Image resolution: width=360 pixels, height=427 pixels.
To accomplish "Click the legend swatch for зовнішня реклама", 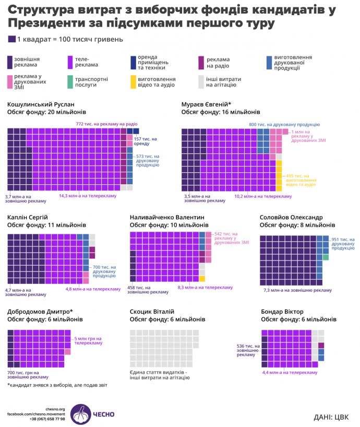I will [x=10, y=62].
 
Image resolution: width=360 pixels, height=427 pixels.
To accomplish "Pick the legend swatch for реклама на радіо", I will [x=202, y=62].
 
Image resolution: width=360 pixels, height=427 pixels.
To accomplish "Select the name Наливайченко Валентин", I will [x=166, y=217].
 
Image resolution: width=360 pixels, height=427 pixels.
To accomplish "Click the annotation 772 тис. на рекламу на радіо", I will [x=106, y=124].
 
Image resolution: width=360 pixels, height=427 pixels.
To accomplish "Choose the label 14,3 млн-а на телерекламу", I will [x=87, y=196].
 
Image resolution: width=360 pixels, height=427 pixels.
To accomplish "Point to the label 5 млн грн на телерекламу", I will [x=88, y=341].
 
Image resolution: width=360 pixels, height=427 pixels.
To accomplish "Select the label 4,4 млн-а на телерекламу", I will [x=290, y=372].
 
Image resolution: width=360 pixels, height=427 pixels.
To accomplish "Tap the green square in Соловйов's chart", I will [x=326, y=257].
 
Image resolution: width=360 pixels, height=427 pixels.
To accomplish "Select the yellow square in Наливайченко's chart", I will [x=202, y=279].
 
